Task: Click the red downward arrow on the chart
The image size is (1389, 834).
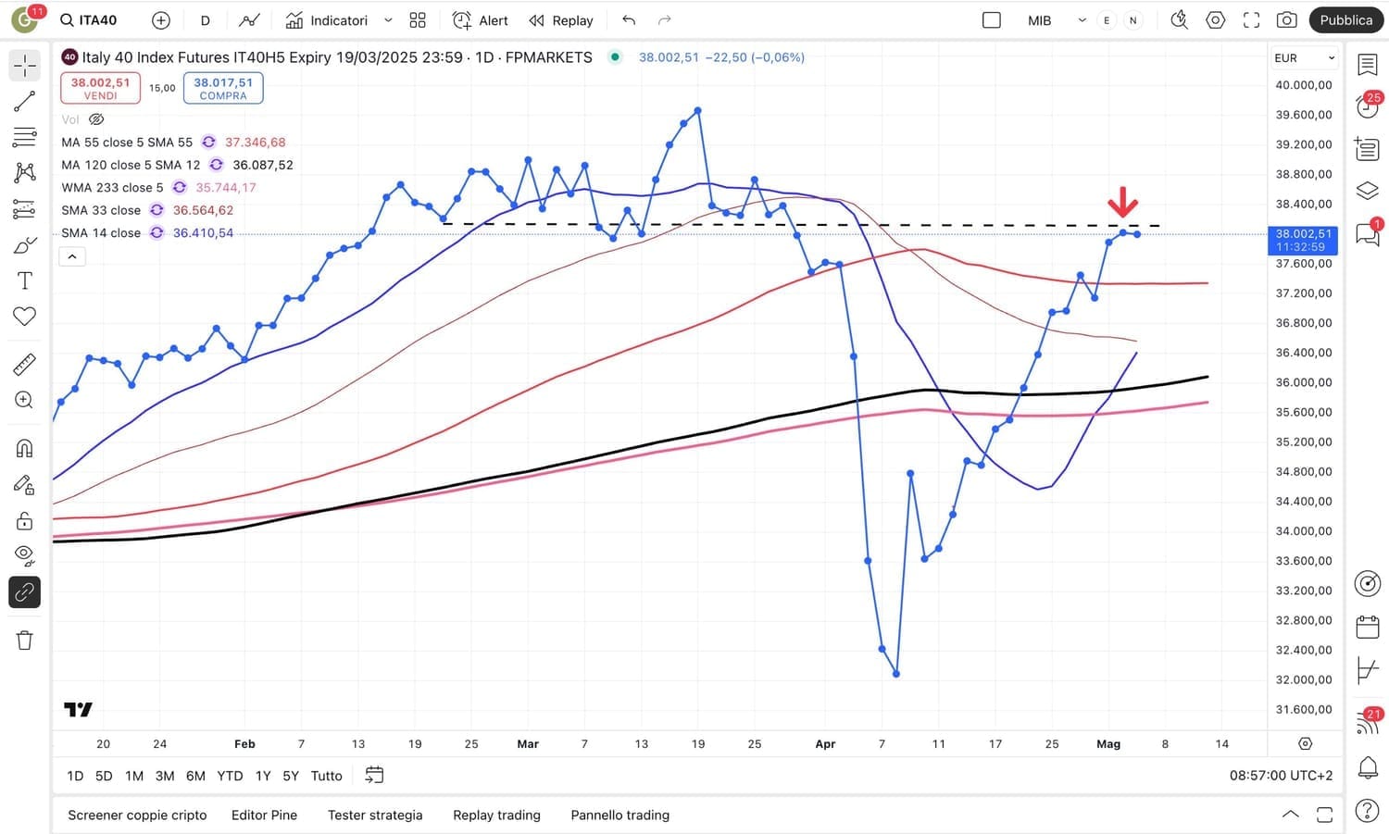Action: [x=1122, y=201]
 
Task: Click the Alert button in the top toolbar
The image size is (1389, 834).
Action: [x=481, y=20]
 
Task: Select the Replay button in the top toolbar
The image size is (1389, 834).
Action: [x=561, y=20]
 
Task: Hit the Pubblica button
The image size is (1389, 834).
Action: [x=1345, y=20]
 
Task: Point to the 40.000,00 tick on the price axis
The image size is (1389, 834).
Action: [x=1303, y=85]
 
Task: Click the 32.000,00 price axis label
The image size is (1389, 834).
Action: [x=1303, y=679]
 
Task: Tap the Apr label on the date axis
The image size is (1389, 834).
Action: [x=825, y=744]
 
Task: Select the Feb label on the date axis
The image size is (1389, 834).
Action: [x=244, y=744]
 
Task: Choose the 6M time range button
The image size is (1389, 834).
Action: [x=195, y=776]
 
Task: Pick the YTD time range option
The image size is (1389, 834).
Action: [x=230, y=776]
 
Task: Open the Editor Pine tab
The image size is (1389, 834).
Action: [x=264, y=815]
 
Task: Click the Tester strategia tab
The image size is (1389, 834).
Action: [x=375, y=815]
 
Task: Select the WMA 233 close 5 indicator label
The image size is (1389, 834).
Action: [x=112, y=188]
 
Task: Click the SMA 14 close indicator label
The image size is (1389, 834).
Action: [x=101, y=233]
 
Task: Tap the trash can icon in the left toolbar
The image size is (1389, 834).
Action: [x=25, y=641]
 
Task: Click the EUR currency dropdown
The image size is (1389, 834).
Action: [x=1304, y=58]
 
